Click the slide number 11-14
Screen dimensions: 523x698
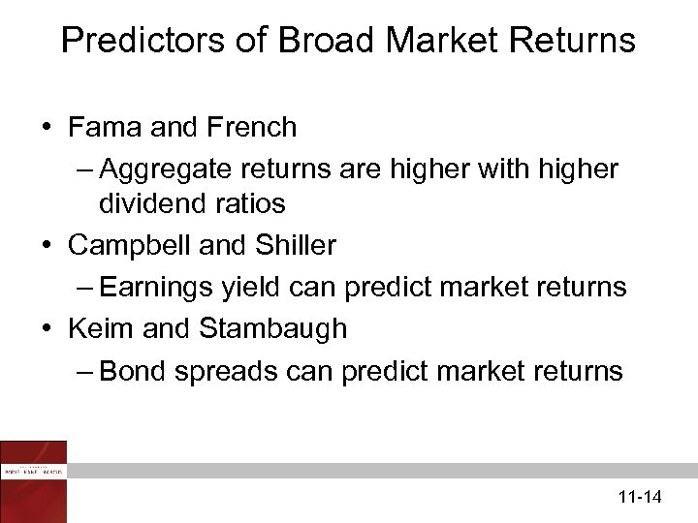(x=639, y=498)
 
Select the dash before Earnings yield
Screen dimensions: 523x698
(x=84, y=289)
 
